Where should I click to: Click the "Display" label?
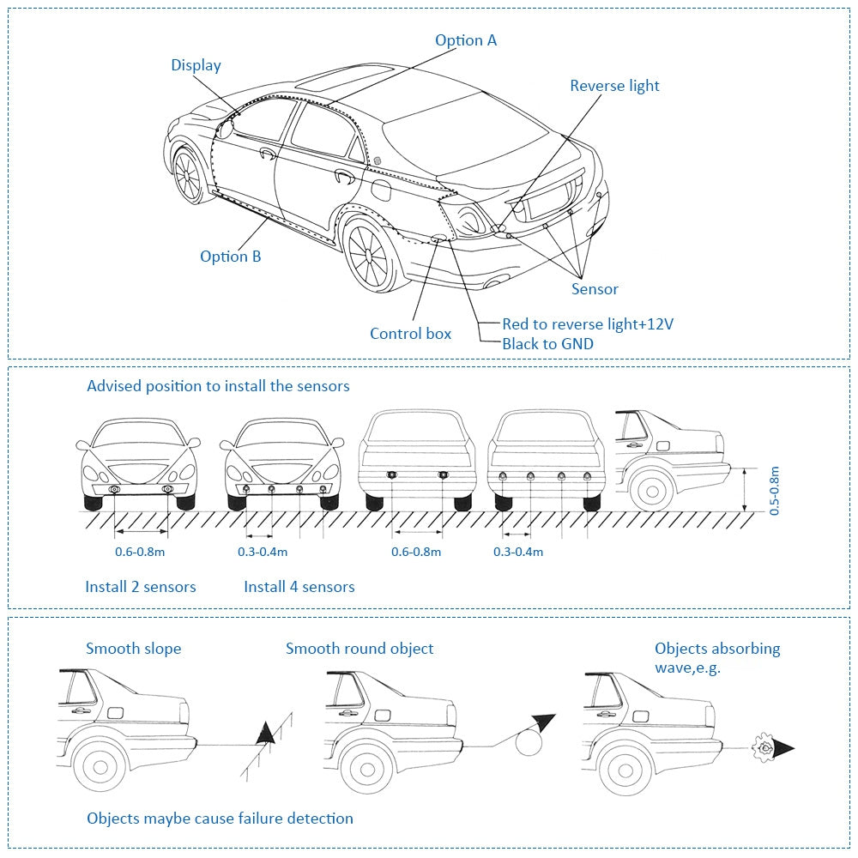[x=196, y=65]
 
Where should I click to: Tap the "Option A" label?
[x=465, y=40]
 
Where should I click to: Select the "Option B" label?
[x=230, y=256]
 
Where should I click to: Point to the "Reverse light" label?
[x=614, y=86]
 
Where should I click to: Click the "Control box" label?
[x=410, y=334]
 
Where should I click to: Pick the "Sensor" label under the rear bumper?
[x=595, y=289]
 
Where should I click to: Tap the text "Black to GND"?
[x=547, y=344]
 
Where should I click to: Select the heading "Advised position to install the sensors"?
[x=218, y=386]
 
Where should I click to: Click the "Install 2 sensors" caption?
[x=140, y=587]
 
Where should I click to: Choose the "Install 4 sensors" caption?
[x=299, y=587]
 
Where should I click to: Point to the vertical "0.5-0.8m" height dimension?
[x=774, y=490]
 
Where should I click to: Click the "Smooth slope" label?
[x=133, y=649]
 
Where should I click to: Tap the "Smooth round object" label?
[x=360, y=649]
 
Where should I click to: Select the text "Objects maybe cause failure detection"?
[x=220, y=819]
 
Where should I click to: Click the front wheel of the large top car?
[x=187, y=175]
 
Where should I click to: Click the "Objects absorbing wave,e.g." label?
[x=717, y=657]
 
